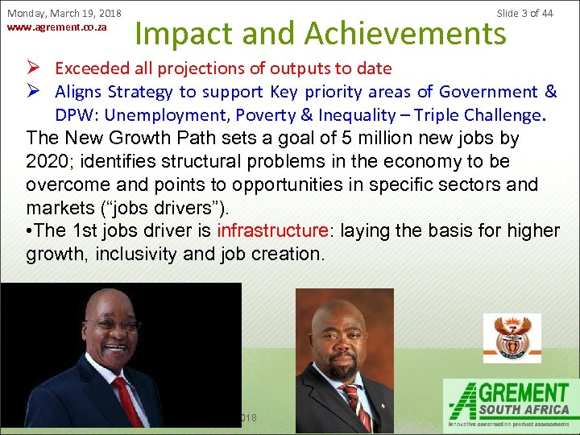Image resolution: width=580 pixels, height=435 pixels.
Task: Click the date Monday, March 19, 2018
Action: (x=64, y=14)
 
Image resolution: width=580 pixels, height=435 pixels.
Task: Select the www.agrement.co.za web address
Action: (x=56, y=27)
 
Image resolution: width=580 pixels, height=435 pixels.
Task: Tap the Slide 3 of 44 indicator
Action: (x=524, y=14)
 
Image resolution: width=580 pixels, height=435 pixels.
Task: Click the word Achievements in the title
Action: (x=404, y=33)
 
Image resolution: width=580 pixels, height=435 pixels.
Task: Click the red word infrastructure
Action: (x=272, y=230)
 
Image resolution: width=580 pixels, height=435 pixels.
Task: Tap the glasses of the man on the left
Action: (x=112, y=325)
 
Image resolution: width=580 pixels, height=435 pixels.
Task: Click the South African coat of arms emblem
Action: (x=511, y=338)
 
